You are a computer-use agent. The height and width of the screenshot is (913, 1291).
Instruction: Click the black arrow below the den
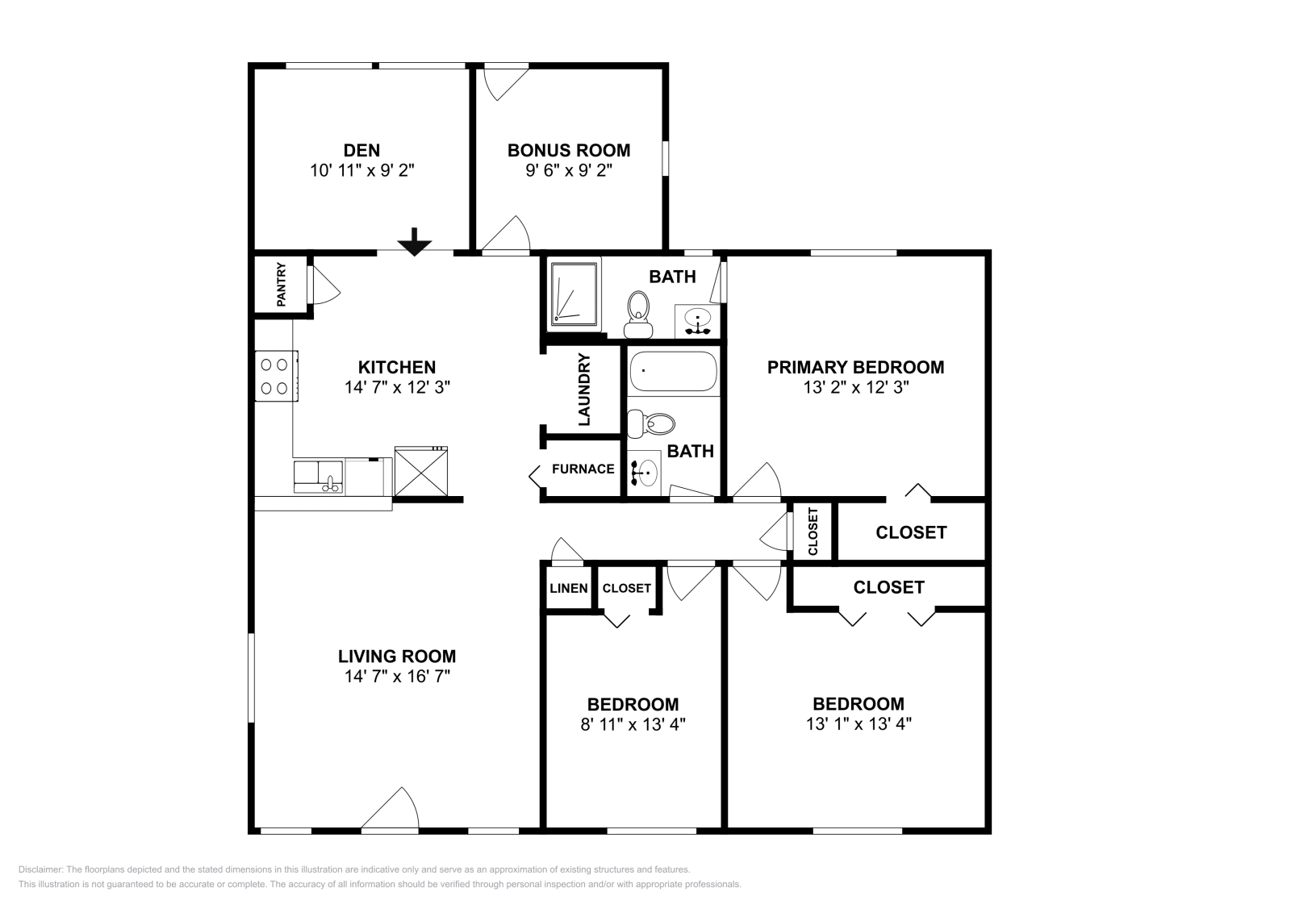pos(415,242)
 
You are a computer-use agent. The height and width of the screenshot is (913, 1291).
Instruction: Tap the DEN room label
pos(361,150)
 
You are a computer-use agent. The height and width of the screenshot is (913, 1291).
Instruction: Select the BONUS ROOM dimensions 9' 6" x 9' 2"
pos(568,170)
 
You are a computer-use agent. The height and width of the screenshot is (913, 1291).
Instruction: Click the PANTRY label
pos(282,285)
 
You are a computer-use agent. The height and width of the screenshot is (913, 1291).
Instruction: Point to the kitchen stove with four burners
pos(277,376)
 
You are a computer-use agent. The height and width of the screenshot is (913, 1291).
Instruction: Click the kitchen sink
pos(319,477)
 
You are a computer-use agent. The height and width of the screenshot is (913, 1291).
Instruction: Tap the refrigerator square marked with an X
pos(421,472)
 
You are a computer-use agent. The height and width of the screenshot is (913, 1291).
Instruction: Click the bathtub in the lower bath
pos(673,372)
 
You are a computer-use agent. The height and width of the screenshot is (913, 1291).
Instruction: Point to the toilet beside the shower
pos(638,315)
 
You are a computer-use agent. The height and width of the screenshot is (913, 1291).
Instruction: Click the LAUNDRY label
pos(584,390)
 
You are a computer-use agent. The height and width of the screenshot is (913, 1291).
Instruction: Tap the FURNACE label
pos(583,469)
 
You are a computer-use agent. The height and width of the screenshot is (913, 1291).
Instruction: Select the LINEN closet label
pos(569,588)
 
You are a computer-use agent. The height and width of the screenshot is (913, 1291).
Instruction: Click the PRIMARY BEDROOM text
pos(856,367)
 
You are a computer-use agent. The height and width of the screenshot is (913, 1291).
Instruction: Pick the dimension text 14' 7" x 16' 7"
pos(397,676)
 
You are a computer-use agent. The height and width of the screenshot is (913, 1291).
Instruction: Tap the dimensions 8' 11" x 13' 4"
pos(633,723)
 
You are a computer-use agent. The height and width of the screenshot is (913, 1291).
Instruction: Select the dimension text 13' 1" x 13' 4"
pos(859,723)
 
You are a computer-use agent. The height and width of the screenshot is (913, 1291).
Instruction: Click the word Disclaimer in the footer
pos(40,869)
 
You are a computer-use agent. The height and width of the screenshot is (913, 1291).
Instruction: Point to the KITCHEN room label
pos(397,367)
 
